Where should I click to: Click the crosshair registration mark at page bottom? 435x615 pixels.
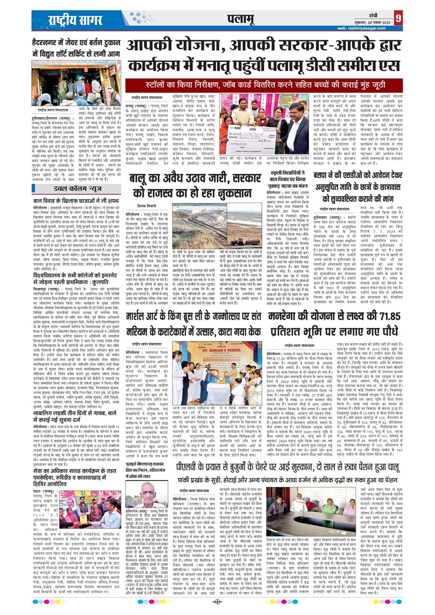(x=217, y=602)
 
